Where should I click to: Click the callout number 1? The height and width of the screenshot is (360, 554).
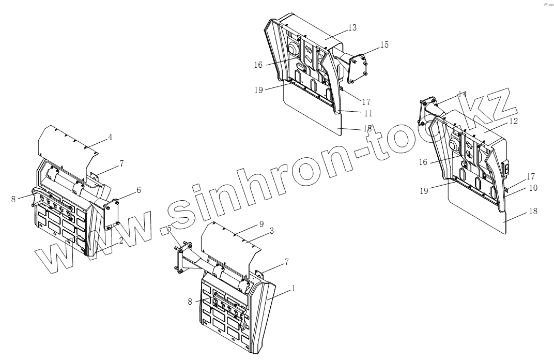click(294, 289)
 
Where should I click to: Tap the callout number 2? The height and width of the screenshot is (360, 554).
click(121, 241)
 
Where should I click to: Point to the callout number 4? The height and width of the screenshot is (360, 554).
click(110, 138)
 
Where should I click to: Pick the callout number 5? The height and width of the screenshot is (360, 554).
click(170, 228)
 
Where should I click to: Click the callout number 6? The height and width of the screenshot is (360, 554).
click(138, 190)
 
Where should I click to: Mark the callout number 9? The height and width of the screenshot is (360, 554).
click(261, 224)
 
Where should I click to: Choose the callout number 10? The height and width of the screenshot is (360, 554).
click(533, 188)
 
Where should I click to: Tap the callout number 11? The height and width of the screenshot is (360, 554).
click(368, 113)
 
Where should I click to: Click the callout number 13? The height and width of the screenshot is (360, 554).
click(352, 28)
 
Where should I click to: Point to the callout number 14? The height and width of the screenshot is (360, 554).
click(462, 95)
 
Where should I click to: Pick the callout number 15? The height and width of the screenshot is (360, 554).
click(384, 45)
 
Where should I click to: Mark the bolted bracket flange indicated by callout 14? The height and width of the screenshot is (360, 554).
click(428, 108)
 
